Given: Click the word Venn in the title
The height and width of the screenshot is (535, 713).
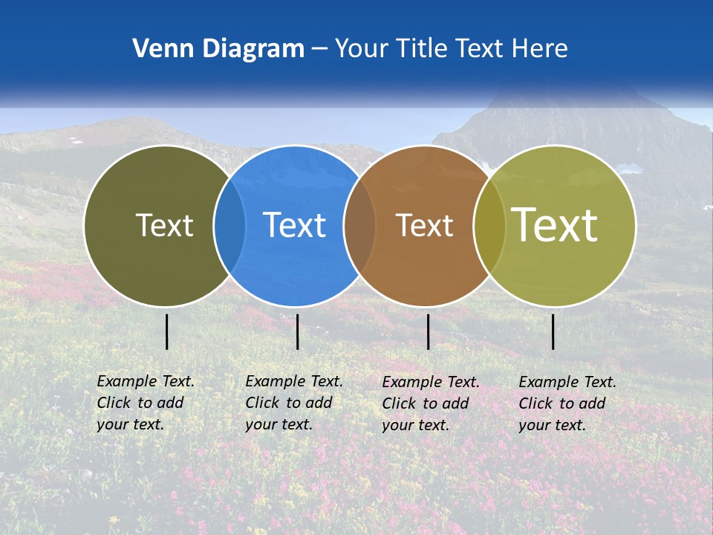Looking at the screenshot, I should tap(160, 49).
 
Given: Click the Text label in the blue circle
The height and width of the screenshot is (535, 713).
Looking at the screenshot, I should tap(294, 225).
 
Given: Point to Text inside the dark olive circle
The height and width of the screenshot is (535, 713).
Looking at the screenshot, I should tap(164, 225).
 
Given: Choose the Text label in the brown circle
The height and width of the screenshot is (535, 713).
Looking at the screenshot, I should tap(424, 225).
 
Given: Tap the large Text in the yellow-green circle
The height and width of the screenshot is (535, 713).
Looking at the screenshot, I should tap(555, 225).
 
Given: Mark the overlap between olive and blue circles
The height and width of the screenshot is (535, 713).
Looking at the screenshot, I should tap(229, 225).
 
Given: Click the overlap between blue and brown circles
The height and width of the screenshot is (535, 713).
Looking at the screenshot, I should tap(359, 225).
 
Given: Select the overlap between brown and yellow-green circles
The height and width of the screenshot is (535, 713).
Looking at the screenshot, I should tap(489, 225).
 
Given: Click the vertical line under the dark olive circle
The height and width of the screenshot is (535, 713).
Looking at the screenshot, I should tap(167, 331).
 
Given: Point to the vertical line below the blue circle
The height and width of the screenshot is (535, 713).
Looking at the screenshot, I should tap(297, 331).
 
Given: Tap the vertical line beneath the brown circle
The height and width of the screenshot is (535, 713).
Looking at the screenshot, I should tap(428, 331).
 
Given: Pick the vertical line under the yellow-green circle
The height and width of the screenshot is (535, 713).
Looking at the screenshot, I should tap(553, 331).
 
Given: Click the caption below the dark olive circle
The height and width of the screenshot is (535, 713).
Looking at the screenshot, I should tap(146, 403).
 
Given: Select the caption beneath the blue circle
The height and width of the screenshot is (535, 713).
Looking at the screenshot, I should tap(294, 403).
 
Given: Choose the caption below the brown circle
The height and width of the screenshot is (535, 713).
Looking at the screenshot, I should tap(431, 403).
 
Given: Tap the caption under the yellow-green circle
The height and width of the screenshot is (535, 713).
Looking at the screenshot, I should tap(567, 403).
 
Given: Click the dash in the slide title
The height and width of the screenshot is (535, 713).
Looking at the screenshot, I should tap(319, 50).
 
